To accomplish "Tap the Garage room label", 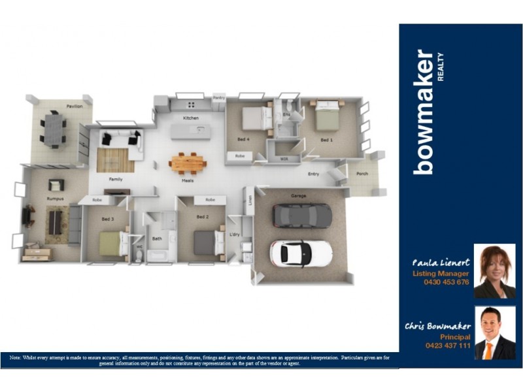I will coord(299,195).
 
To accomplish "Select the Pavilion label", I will coord(74,106).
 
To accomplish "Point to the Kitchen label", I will coord(190,118).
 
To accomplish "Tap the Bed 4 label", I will coord(243,140).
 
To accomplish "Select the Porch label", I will coord(362,174).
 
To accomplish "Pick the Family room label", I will coord(115,179).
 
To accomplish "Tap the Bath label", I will coord(157,238).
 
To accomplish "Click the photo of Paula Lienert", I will coord(494,271).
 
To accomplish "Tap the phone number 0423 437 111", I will coord(447,345).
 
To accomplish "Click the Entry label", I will coord(314,174).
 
